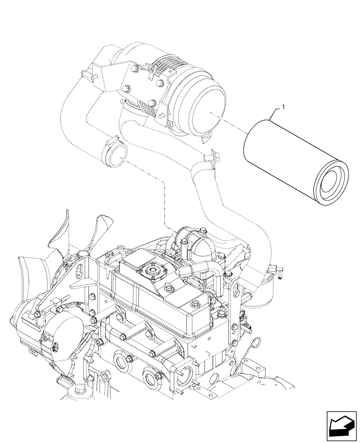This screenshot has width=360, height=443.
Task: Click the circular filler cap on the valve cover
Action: (152, 271)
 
